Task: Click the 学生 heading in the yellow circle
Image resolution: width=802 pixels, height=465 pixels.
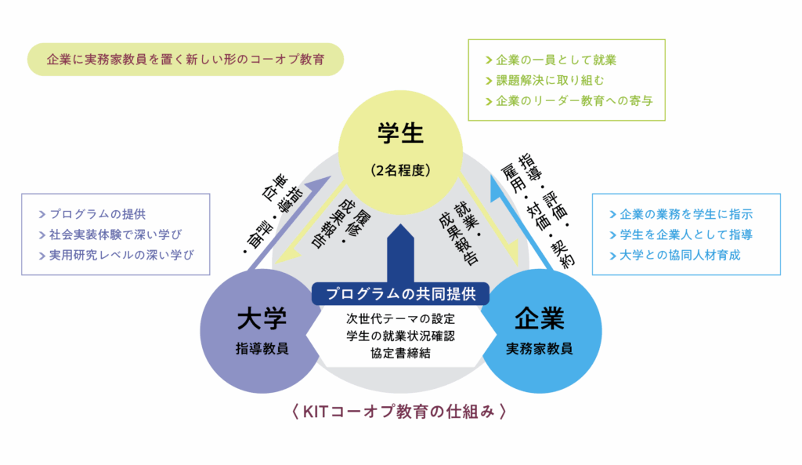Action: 400,133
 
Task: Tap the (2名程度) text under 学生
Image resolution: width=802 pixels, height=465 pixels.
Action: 400,169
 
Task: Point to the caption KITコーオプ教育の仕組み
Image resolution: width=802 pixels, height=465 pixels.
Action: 400,411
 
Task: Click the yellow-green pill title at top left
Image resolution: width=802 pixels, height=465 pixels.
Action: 185,60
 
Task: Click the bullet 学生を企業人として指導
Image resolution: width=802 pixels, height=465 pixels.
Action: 685,234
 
